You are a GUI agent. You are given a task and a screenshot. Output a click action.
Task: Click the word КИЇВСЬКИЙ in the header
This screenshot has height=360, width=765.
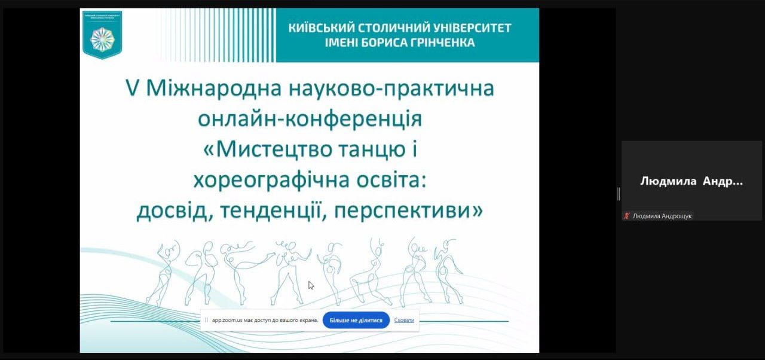pyautogui.click(x=320, y=28)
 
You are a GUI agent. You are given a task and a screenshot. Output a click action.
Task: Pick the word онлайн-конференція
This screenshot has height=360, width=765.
pyautogui.click(x=309, y=118)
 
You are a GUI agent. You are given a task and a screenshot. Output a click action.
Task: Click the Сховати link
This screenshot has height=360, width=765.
pyautogui.click(x=404, y=320)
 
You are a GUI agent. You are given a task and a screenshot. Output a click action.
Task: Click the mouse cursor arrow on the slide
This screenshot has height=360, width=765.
pyautogui.click(x=311, y=285)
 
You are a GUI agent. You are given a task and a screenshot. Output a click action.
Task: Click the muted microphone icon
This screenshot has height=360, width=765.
pyautogui.click(x=626, y=216)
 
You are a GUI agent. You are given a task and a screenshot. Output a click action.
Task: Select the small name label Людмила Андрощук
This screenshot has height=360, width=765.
pyautogui.click(x=662, y=216)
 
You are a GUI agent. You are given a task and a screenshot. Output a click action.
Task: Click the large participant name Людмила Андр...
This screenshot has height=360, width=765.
pyautogui.click(x=691, y=181)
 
